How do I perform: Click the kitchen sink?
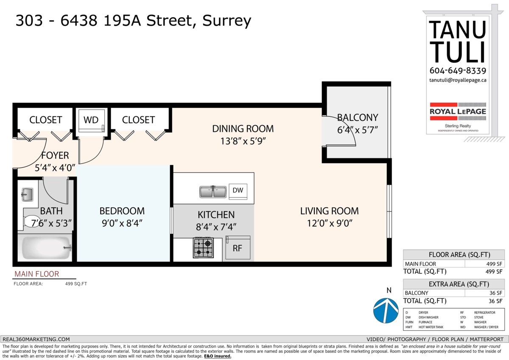click(213, 192)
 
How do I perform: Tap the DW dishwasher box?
click(238, 191)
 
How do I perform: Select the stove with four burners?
click(203, 247)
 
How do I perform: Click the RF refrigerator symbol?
click(238, 247)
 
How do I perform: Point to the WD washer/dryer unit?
click(91, 121)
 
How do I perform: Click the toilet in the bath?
click(32, 221)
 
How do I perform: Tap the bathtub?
click(45, 247)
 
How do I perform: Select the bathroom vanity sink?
click(27, 194)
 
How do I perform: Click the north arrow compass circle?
click(386, 310)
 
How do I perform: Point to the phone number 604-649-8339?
click(458, 70)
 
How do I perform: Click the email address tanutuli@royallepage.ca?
click(458, 80)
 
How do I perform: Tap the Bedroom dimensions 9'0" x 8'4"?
click(122, 223)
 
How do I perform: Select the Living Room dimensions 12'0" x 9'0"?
click(330, 223)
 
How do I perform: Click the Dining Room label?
click(243, 129)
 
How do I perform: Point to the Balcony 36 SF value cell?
click(484, 293)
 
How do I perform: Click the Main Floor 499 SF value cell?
click(484, 264)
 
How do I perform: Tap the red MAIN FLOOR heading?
click(36, 274)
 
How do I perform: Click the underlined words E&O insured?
click(218, 356)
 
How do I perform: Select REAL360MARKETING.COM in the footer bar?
click(36, 339)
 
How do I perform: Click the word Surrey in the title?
click(227, 21)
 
